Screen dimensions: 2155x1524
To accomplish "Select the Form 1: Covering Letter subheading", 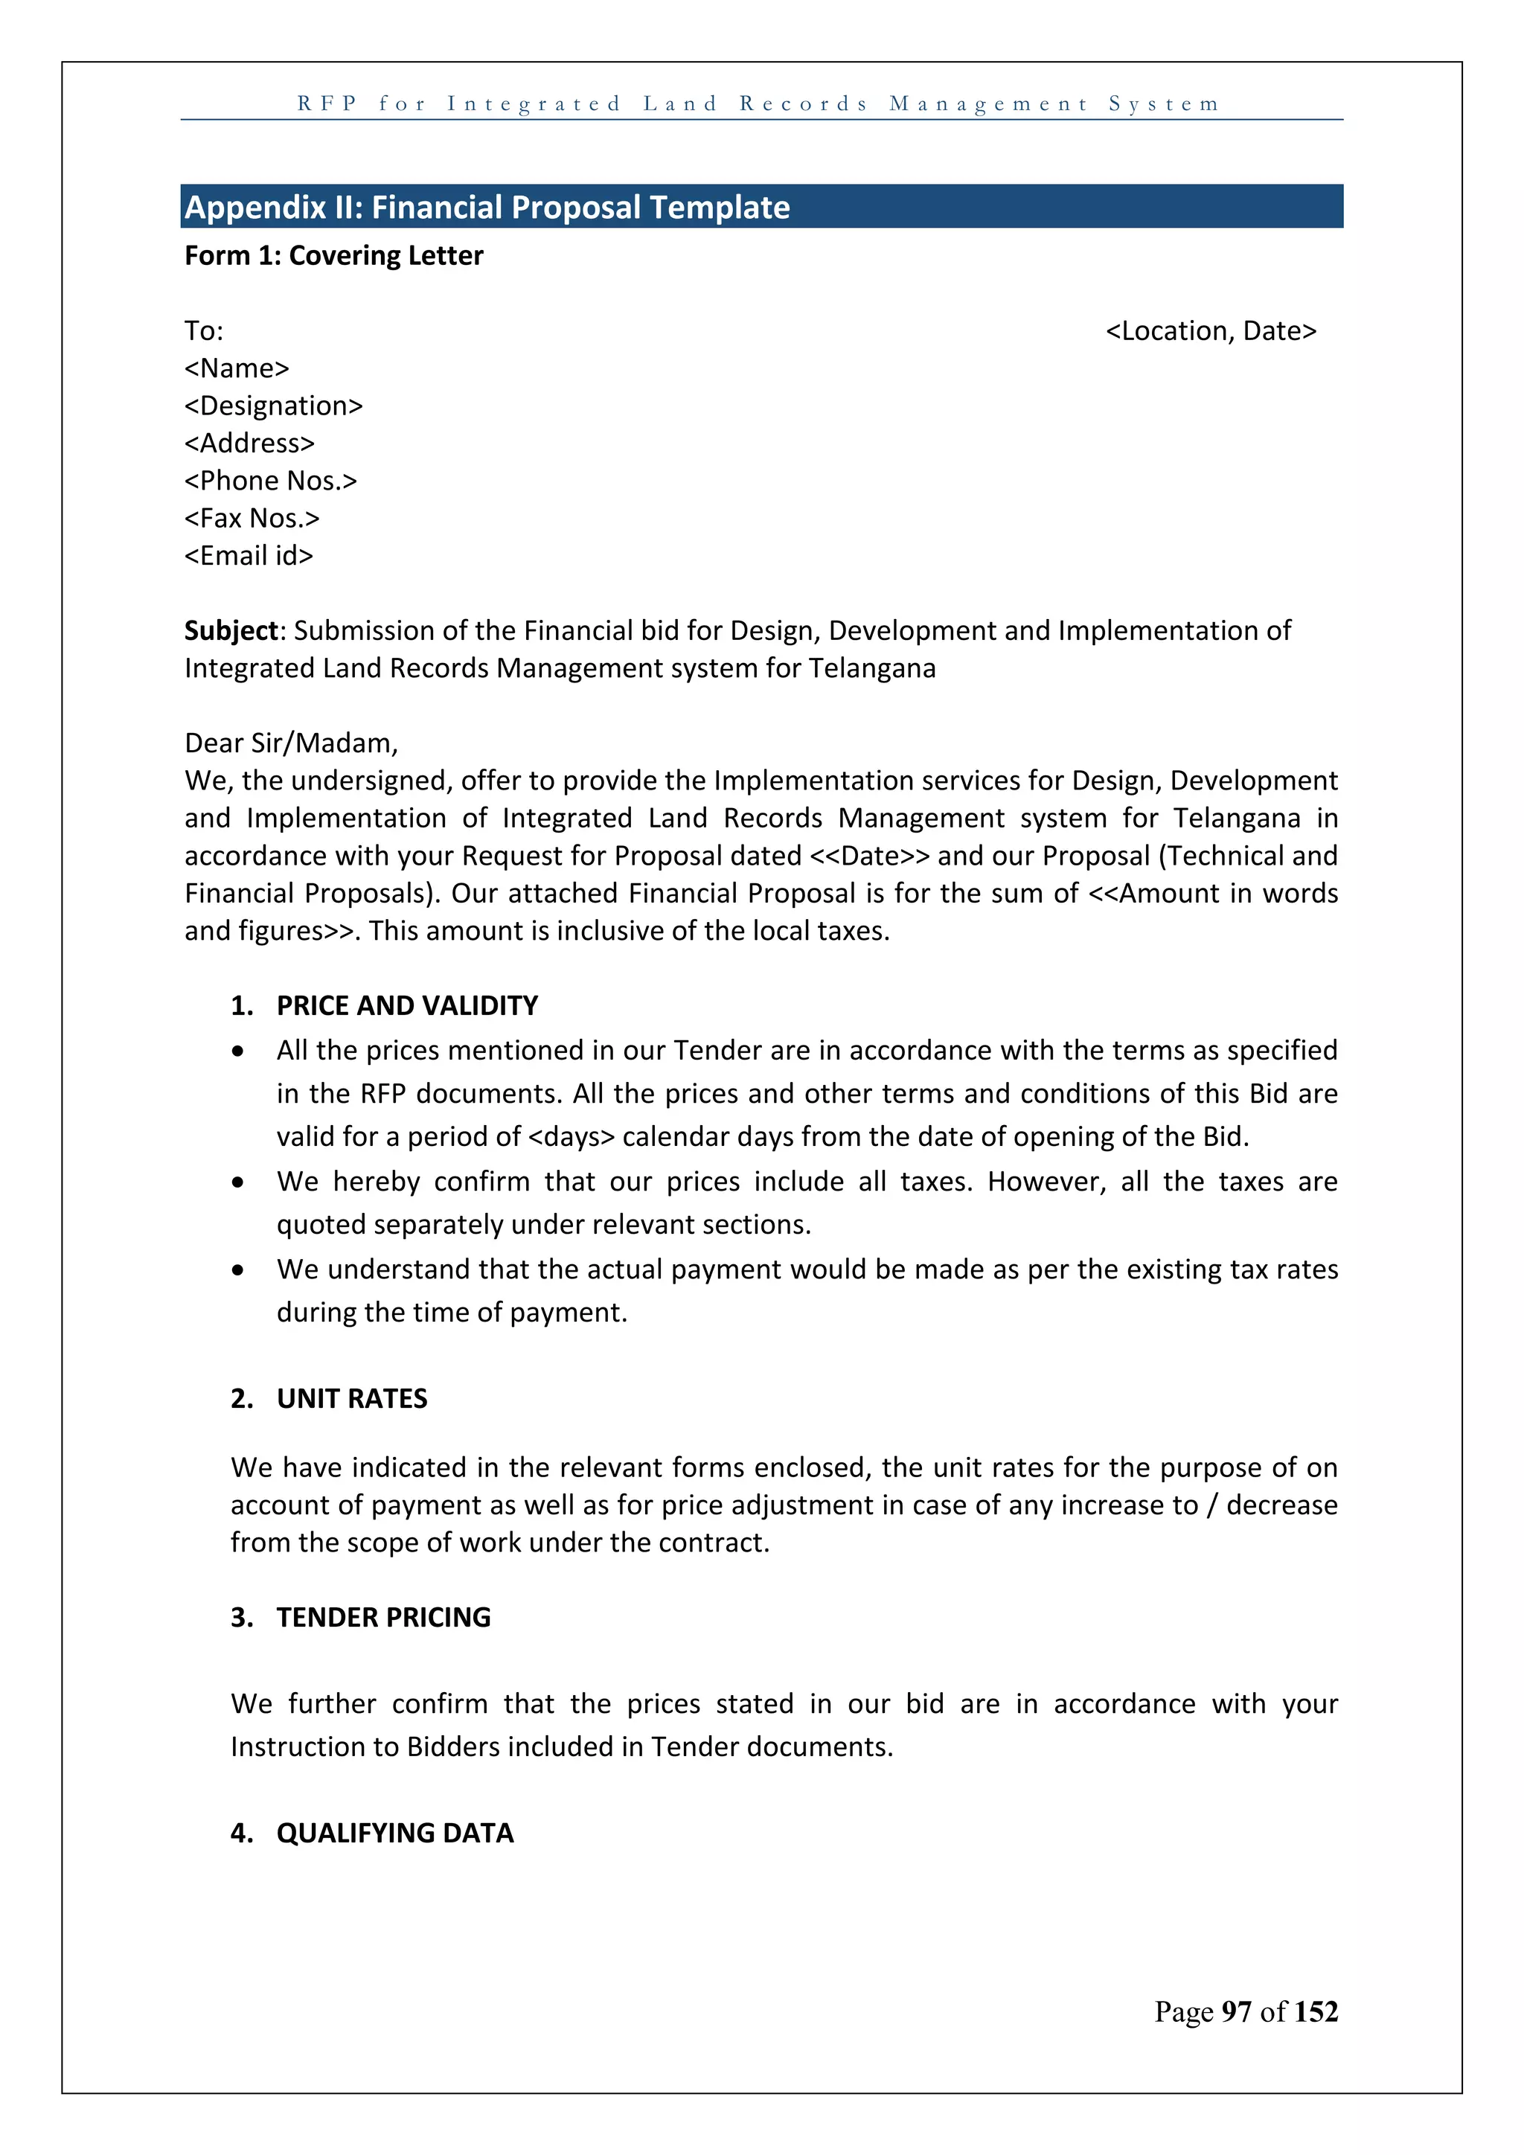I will click(x=333, y=255).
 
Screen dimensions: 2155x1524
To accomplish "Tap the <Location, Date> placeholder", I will click(x=1211, y=330).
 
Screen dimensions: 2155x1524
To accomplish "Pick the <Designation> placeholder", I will click(x=273, y=406).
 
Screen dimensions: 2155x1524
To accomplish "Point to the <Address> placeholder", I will click(x=249, y=443).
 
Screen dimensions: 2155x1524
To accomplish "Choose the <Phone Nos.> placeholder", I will click(x=270, y=481).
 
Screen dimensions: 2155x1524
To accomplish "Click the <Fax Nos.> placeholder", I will click(x=252, y=518).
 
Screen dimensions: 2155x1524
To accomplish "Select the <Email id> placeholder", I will click(x=249, y=556).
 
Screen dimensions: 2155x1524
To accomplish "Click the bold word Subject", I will click(x=231, y=631).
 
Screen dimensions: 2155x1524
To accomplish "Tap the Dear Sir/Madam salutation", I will click(x=291, y=743).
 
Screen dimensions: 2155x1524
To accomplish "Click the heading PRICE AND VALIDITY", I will click(x=406, y=1005).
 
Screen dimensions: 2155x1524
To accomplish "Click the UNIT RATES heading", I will click(x=352, y=1398).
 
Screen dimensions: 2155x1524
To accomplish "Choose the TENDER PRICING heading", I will click(x=383, y=1617).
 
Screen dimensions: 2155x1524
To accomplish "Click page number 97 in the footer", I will click(x=1236, y=2011).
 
